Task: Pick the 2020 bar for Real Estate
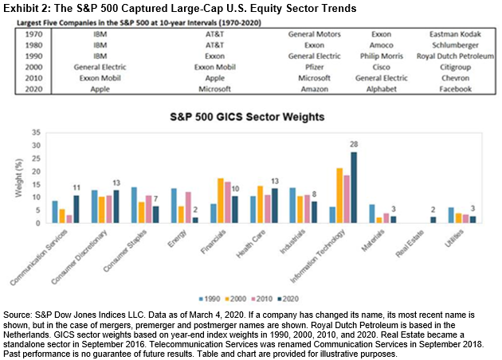click(433, 220)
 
